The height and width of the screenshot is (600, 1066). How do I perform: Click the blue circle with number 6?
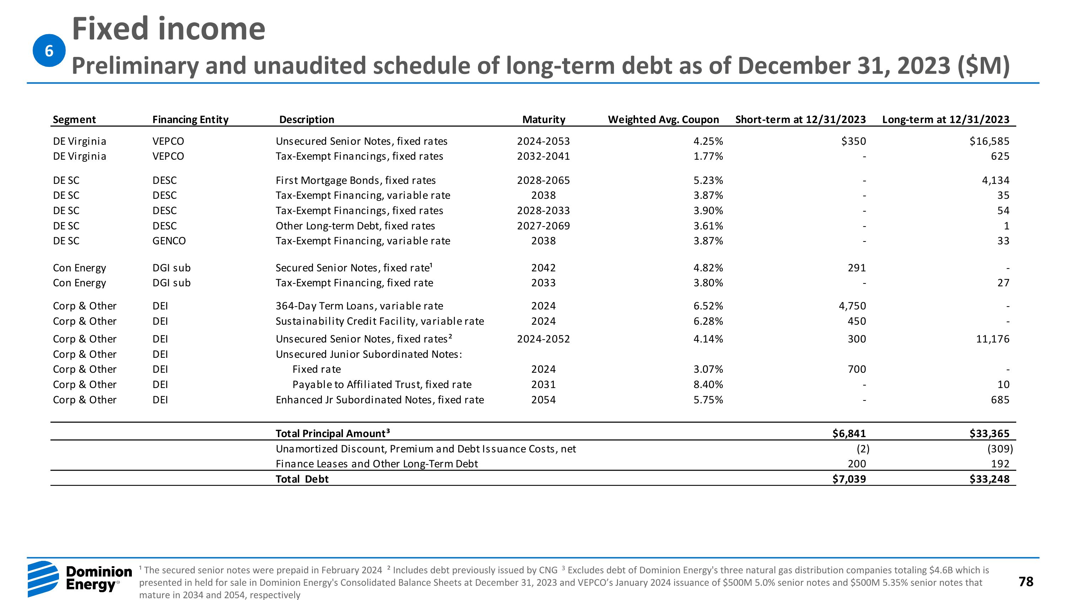pos(49,51)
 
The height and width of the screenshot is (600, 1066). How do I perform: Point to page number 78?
pos(1026,582)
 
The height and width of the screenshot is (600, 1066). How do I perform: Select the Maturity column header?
pos(543,119)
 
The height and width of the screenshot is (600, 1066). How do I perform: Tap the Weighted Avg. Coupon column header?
pos(663,119)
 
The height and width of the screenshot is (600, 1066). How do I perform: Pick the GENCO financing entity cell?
pos(169,240)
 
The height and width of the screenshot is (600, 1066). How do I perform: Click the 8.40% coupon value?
pos(708,384)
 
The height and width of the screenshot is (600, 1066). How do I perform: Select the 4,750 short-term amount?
pos(852,306)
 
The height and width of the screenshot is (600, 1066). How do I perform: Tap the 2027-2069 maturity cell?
pos(543,226)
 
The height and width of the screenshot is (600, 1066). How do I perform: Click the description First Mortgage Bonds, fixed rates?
pos(355,180)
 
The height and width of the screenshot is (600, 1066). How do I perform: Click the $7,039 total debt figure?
pos(849,479)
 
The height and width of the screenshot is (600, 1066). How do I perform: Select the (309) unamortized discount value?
pos(1000,448)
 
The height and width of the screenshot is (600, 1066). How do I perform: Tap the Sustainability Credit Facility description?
pos(379,321)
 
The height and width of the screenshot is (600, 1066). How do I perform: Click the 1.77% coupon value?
pos(708,156)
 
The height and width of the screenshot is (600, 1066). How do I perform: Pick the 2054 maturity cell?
pos(543,400)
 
